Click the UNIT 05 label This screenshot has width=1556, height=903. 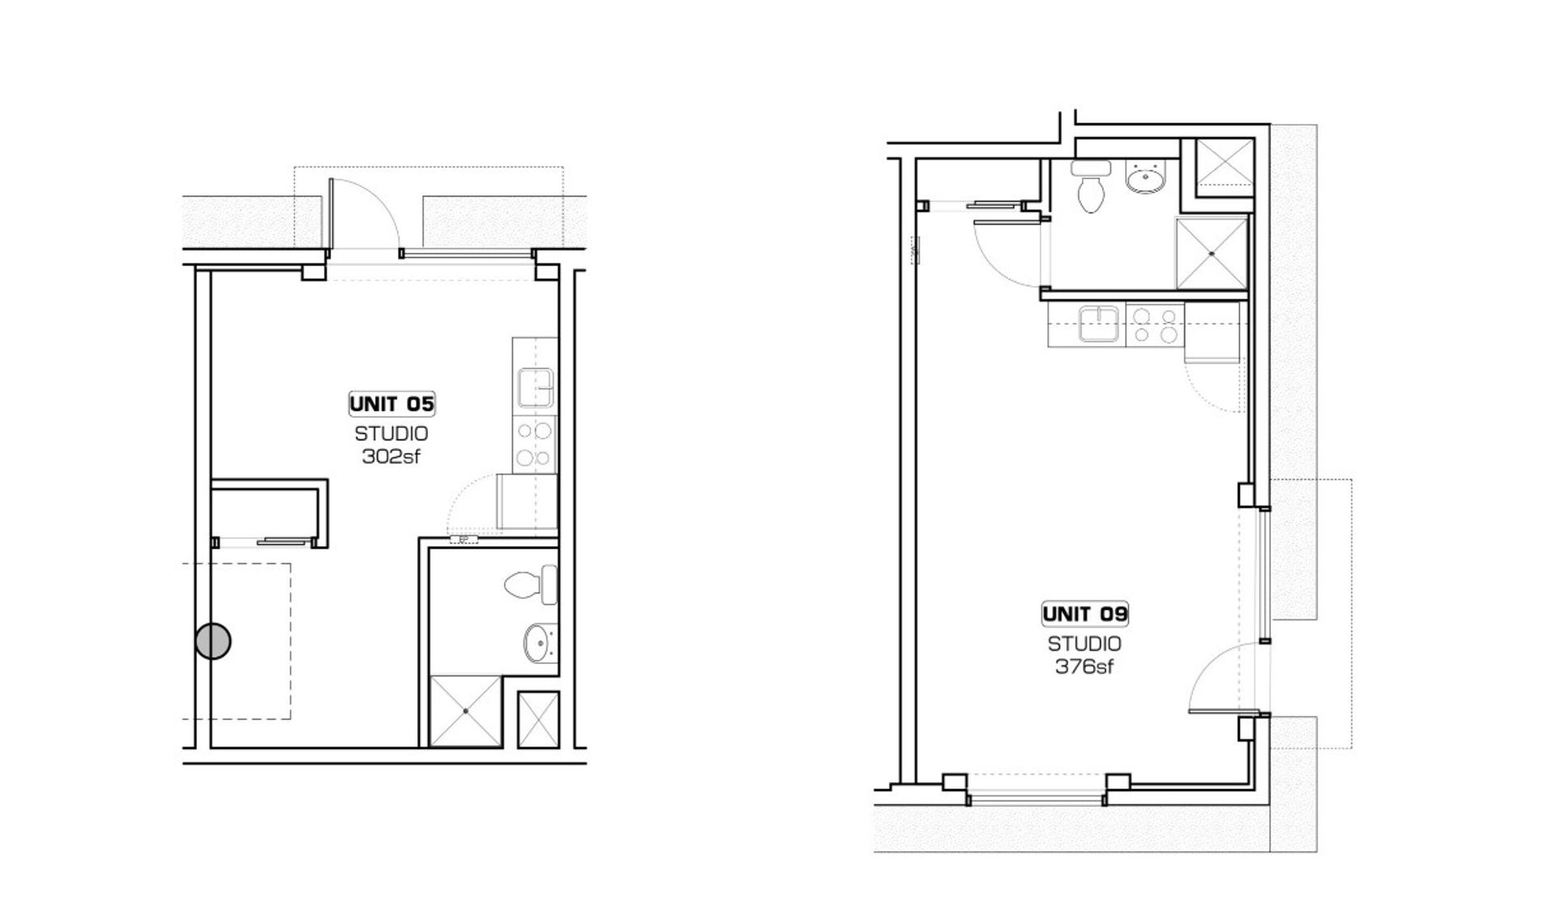pos(392,404)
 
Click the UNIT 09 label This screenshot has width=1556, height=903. pos(1084,614)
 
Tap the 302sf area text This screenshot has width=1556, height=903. pos(391,456)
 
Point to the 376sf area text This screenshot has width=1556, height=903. pos(1084,667)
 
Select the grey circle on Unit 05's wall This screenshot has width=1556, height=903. pos(213,641)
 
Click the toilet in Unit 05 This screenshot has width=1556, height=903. pos(531,584)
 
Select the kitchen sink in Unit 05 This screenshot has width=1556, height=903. pos(536,387)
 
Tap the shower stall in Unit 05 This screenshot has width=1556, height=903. pos(466,711)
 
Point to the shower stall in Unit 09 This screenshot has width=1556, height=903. pos(1212,253)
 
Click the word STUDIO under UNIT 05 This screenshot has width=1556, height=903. pos(391,434)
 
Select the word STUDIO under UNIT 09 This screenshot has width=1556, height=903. pos(1084,644)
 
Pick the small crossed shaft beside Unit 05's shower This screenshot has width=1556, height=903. pos(538,719)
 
